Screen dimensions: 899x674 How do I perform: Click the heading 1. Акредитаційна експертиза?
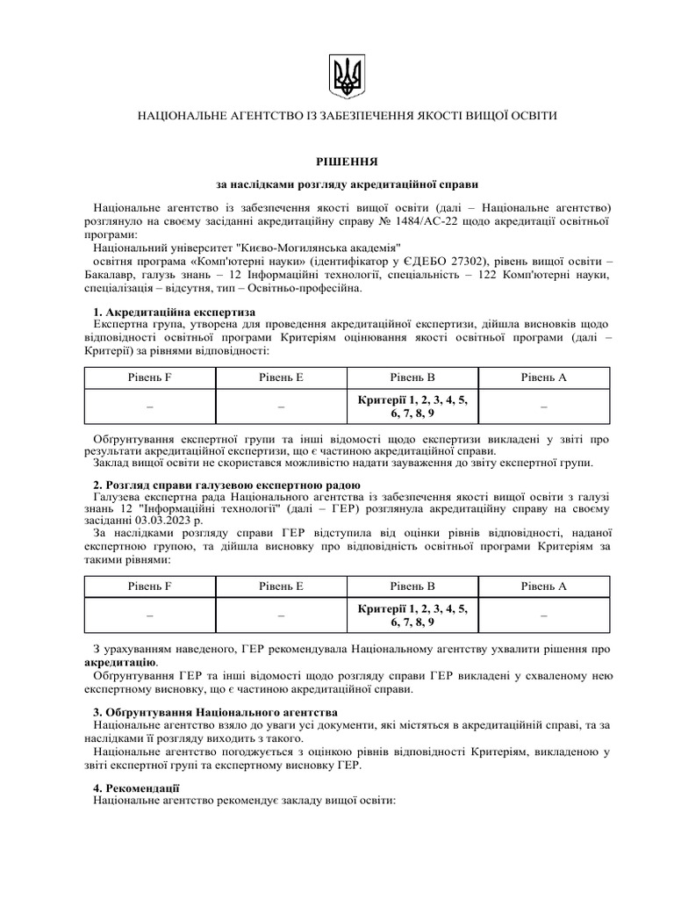click(x=174, y=312)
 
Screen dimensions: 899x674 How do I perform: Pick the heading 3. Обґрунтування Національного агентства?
click(x=215, y=710)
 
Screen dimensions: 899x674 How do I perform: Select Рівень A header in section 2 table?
click(x=544, y=586)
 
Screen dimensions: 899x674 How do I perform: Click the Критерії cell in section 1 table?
click(x=412, y=406)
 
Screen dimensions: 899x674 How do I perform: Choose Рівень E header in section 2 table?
click(x=281, y=586)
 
